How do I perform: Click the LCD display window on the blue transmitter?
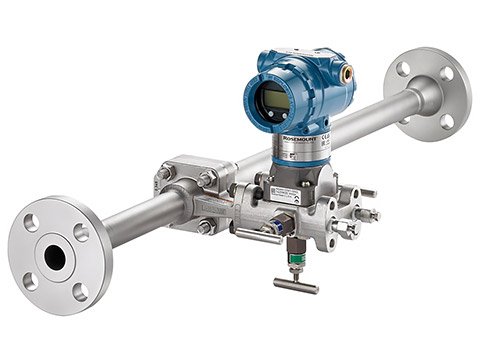[x=272, y=98]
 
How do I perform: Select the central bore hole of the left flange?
[x=54, y=257]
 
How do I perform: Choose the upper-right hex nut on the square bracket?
[x=209, y=179]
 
